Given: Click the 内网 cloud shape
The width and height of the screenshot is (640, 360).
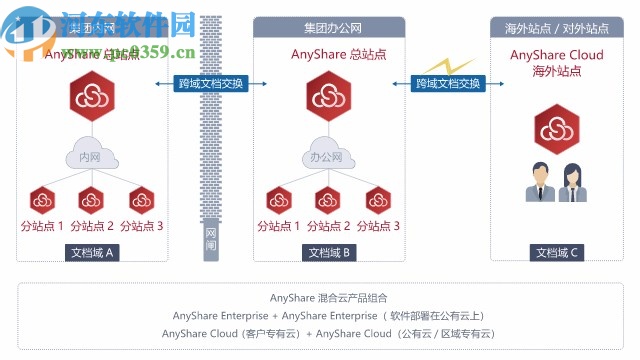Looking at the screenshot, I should click(x=91, y=156).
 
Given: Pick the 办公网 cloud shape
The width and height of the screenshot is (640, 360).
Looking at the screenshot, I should click(x=327, y=156).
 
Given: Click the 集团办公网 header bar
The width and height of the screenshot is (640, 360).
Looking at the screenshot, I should click(x=327, y=28).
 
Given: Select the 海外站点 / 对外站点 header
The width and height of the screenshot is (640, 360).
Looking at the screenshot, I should click(x=557, y=28).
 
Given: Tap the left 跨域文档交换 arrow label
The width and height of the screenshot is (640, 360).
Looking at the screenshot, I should click(x=209, y=84).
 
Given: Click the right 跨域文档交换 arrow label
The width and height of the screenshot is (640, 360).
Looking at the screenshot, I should click(x=445, y=84).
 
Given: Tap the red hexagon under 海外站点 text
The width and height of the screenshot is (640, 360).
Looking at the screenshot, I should click(x=557, y=128).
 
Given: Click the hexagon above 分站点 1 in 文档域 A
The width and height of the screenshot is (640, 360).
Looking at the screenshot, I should click(x=42, y=199).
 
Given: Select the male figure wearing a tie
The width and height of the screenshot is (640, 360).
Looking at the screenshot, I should click(x=541, y=183).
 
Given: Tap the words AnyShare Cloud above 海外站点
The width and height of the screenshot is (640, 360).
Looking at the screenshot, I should click(x=557, y=55).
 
